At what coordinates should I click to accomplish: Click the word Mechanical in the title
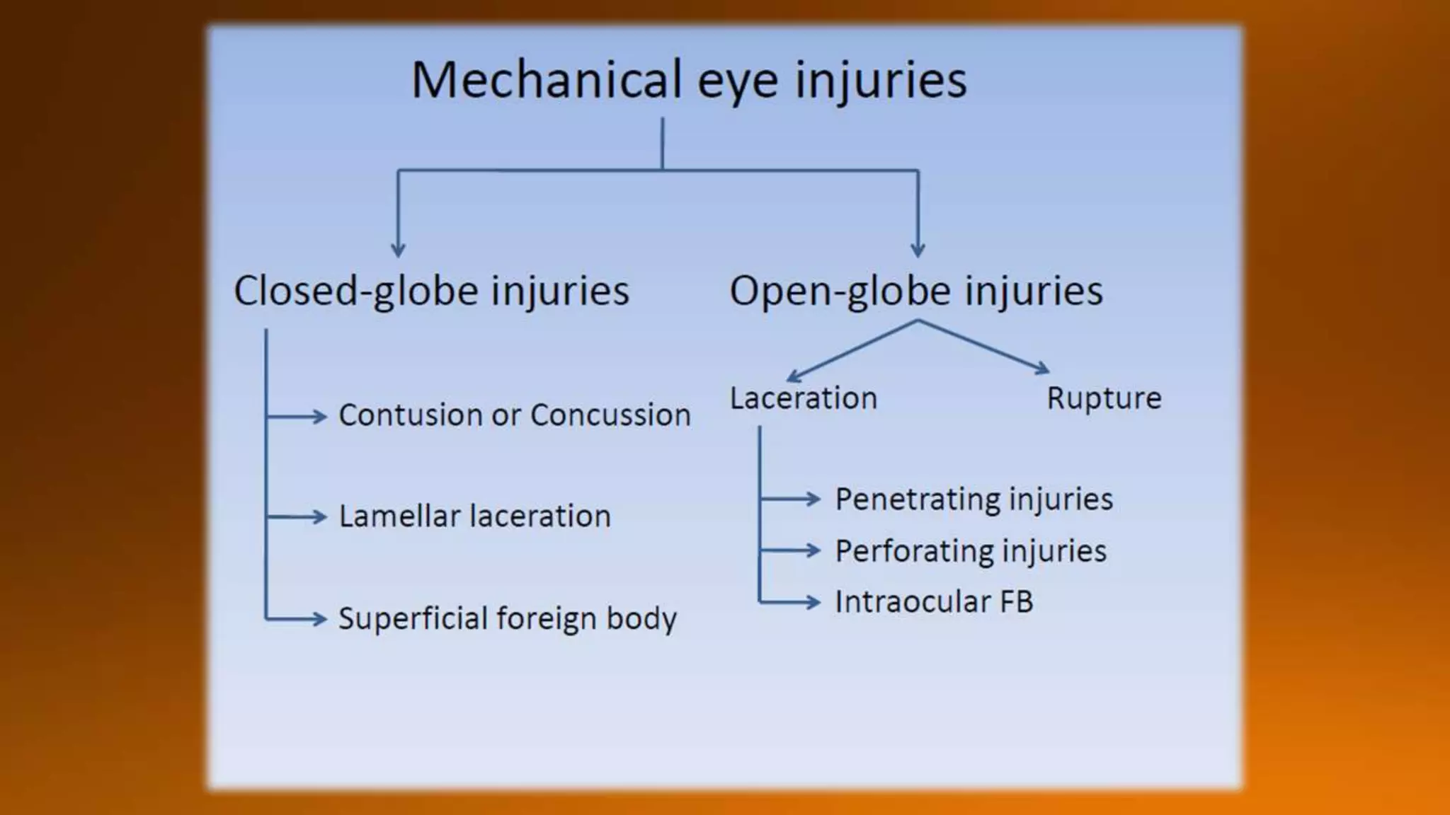(546, 79)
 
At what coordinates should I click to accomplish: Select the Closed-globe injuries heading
(431, 291)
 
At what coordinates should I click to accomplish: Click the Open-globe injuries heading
(916, 291)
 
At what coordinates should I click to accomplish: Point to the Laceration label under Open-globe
(804, 398)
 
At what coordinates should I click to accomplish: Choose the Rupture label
(1104, 398)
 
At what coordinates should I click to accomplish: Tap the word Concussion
(610, 415)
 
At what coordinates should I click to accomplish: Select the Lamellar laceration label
(474, 516)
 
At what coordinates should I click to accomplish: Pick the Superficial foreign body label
(508, 618)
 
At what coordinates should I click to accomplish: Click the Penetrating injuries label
(974, 499)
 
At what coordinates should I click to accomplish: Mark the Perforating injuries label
(971, 551)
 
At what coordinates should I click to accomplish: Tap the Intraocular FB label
(934, 602)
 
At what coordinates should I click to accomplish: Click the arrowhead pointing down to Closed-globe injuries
(398, 250)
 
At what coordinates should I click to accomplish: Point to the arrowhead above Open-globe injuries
(918, 250)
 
